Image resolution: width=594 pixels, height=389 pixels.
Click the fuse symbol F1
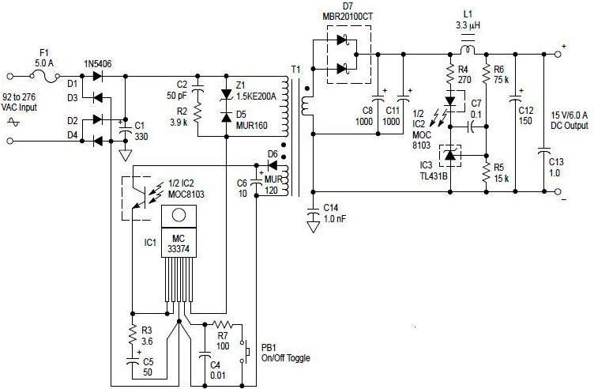[x=45, y=76]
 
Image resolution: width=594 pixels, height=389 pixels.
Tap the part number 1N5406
[x=98, y=64]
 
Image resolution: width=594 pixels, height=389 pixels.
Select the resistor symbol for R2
[x=197, y=113]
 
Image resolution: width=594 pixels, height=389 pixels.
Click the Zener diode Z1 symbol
[x=227, y=94]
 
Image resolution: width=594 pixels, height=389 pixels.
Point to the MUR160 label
[x=251, y=125]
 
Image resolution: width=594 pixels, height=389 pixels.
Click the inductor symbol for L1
[x=468, y=49]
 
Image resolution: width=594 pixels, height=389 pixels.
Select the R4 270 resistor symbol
[x=450, y=74]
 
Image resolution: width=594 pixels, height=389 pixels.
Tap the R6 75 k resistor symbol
[x=486, y=74]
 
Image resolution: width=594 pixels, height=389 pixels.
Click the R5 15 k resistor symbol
[x=486, y=172]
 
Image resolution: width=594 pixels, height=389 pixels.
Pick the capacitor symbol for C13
[x=544, y=151]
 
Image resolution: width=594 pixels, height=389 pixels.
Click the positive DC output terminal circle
[x=557, y=55]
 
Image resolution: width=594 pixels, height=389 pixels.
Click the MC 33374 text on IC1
[x=179, y=244]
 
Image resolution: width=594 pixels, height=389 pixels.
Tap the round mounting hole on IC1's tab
[x=179, y=215]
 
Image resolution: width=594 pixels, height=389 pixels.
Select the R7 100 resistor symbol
[x=223, y=324]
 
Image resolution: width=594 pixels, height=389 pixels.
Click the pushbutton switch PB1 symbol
[x=244, y=353]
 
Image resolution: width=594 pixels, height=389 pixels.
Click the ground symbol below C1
[x=126, y=156]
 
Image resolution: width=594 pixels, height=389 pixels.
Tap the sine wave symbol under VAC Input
[x=13, y=122]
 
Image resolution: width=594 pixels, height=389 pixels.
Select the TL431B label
[x=434, y=176]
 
